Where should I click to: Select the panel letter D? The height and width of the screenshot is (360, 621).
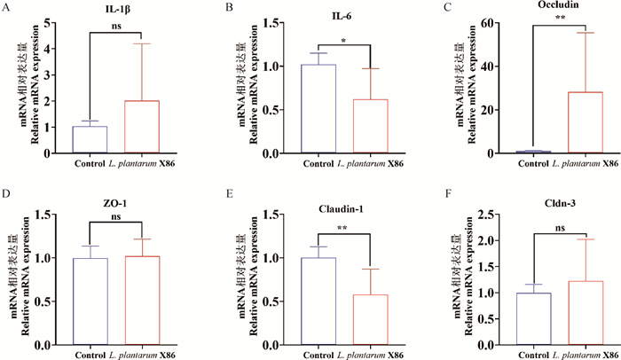(x=6, y=192)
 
